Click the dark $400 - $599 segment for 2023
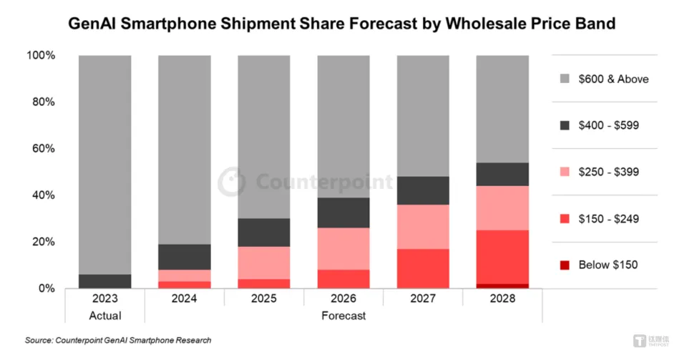(x=104, y=281)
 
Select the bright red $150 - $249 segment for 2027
(x=422, y=268)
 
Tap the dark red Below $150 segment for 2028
(x=502, y=286)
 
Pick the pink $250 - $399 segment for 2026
(x=343, y=248)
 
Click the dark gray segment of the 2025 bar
(x=264, y=233)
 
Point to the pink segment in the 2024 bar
(x=185, y=276)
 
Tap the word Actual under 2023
(x=104, y=315)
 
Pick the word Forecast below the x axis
(x=343, y=315)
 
